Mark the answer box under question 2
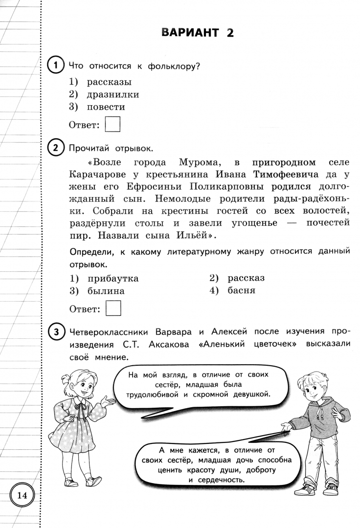pyautogui.click(x=113, y=308)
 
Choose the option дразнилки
pyautogui.click(x=112, y=94)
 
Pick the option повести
pyautogui.click(x=106, y=107)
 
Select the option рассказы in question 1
pyautogui.click(x=109, y=82)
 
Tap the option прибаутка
pyautogui.click(x=112, y=279)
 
